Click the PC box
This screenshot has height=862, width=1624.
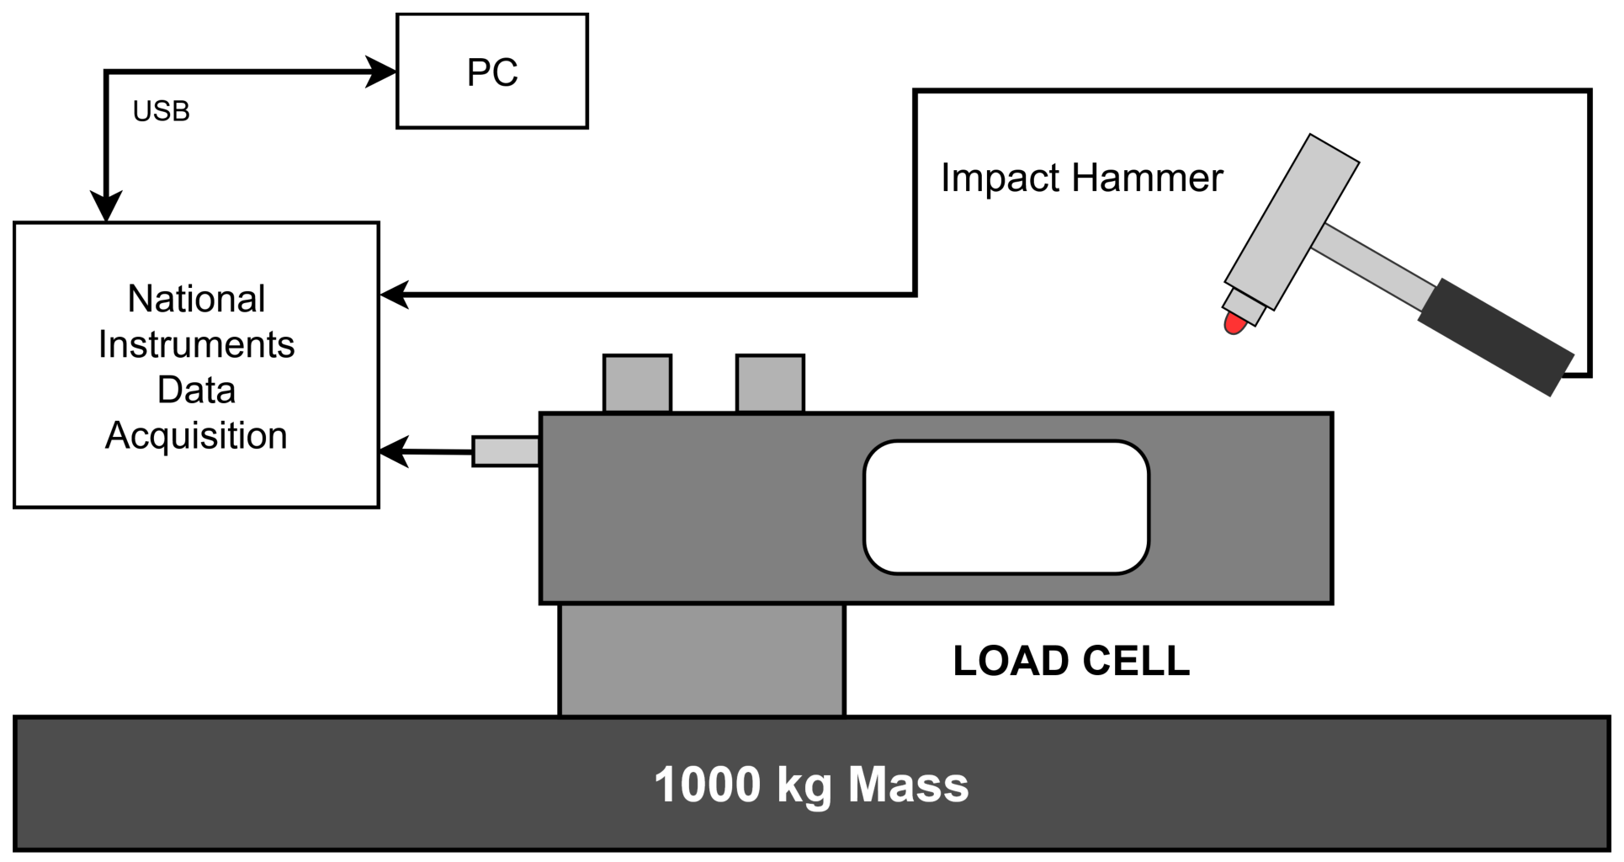tap(492, 72)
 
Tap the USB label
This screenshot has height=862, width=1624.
tap(162, 111)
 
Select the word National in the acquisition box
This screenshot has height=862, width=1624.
tap(197, 299)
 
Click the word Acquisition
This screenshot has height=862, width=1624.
tap(197, 436)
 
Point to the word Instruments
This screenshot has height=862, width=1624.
tap(197, 344)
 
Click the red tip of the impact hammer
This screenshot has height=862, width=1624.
tap(1234, 323)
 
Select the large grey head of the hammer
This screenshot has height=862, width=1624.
tap(1292, 222)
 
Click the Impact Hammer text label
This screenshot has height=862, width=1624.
tap(1081, 178)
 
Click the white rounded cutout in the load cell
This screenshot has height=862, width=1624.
tap(1006, 508)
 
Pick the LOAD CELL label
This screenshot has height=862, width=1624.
tap(1071, 661)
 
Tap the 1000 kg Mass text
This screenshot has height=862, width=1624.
tap(811, 785)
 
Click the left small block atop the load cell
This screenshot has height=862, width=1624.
tap(637, 384)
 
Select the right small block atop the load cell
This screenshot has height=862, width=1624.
tap(770, 384)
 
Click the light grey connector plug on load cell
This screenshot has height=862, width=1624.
tap(506, 451)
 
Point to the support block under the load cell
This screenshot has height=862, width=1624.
tap(702, 660)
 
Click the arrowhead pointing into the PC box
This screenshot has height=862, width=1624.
tap(381, 72)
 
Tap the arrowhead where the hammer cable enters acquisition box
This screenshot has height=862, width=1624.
tap(395, 295)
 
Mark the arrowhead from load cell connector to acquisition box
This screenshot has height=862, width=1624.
tap(394, 451)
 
